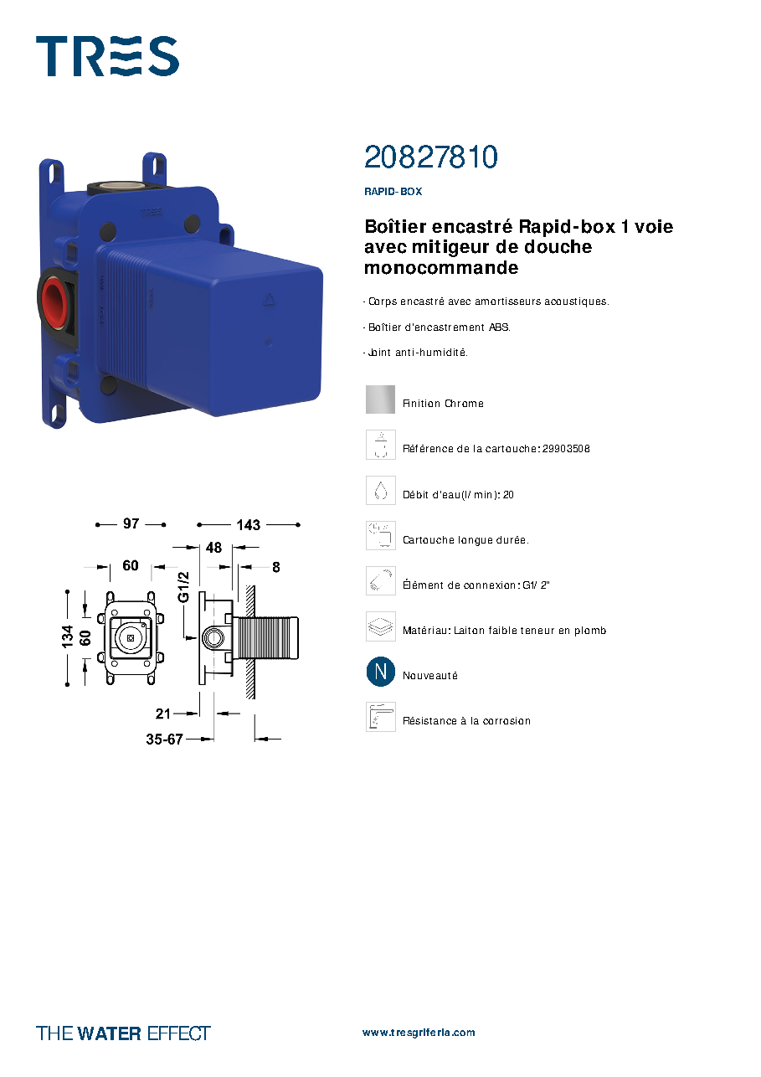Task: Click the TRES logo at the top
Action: coord(107,56)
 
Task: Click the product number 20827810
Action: coord(431,157)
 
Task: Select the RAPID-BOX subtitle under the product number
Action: coord(393,191)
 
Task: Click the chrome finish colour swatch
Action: coord(380,399)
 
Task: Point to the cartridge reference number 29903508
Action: coord(566,449)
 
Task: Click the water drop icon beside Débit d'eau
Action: coord(381,490)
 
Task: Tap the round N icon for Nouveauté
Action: coord(381,671)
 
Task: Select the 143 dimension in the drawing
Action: coord(248,524)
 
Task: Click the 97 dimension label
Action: coord(131,523)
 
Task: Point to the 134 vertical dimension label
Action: coord(67,636)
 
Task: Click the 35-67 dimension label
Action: coord(164,739)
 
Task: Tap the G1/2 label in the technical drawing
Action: coord(183,586)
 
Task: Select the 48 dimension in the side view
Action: coord(214,547)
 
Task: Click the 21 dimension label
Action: coord(163,714)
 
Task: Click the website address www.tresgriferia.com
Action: coord(419,1033)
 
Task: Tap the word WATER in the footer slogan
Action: coord(109,1033)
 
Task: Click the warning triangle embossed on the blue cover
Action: coord(270,300)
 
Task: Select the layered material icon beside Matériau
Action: coord(381,626)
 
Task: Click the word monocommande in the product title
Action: coord(441,268)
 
